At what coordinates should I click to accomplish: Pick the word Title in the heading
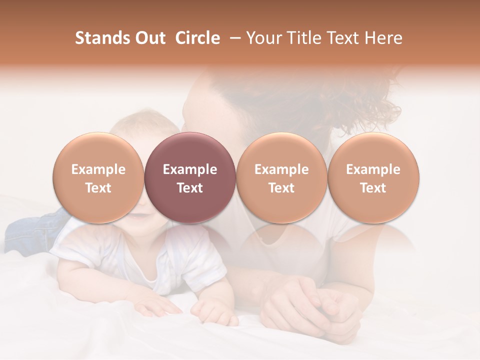(x=306, y=38)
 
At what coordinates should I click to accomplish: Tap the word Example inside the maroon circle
(x=190, y=169)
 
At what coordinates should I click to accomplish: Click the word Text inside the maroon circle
(x=190, y=188)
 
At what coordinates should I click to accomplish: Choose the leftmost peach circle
(x=98, y=178)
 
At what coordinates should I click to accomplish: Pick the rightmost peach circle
(x=373, y=178)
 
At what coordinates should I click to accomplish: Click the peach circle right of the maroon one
(x=281, y=178)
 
